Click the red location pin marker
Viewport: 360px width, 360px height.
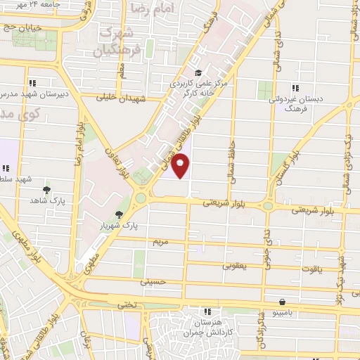pyautogui.click(x=181, y=165)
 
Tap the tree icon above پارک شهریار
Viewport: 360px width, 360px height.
pyautogui.click(x=119, y=214)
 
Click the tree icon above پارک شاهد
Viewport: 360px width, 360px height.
pyautogui.click(x=47, y=189)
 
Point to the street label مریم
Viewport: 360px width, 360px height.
pyautogui.click(x=162, y=241)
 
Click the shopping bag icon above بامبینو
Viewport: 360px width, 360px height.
pyautogui.click(x=282, y=299)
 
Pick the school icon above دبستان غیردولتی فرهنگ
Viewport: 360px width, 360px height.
pyautogui.click(x=295, y=88)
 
